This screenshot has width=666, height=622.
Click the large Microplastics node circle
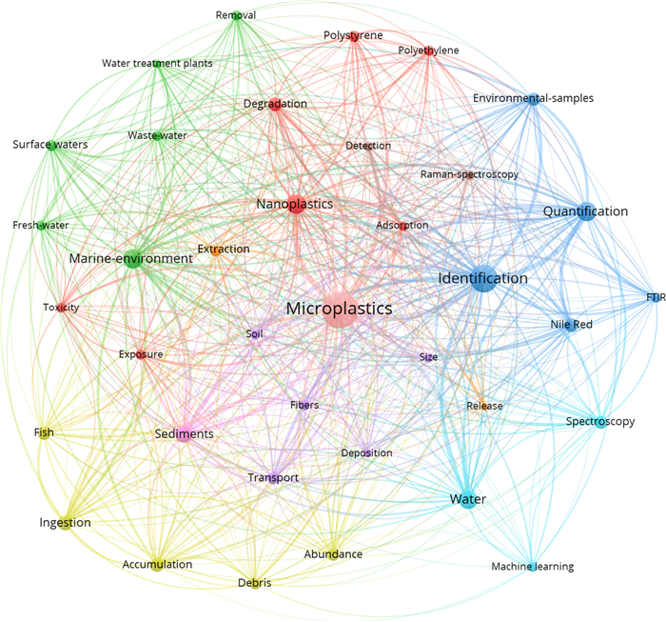point(339,310)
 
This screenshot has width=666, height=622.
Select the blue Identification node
point(483,278)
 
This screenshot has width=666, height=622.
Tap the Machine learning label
point(533,567)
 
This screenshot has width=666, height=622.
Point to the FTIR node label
point(656,297)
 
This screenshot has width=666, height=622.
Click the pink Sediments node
point(184,433)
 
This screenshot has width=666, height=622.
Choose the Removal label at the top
point(236,15)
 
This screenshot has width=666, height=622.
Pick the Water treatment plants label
point(157,64)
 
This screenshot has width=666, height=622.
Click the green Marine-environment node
point(133,259)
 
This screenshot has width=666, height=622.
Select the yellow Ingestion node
point(65,523)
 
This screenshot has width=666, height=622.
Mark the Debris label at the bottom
point(254,582)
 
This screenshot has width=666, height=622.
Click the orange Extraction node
point(217,251)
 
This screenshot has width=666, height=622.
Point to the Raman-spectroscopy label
point(469,174)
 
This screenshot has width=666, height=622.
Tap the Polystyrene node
point(354,36)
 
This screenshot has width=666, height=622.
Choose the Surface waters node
point(51,146)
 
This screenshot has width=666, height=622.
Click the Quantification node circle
point(587,211)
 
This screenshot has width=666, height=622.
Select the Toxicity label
point(61,307)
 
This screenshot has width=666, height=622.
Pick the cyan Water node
point(468,499)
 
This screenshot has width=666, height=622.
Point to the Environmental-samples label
point(533,98)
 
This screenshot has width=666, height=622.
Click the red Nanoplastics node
point(296,204)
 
